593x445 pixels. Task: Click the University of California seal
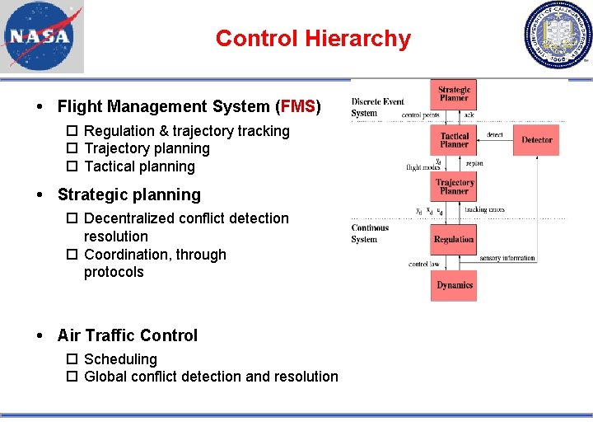coord(558,35)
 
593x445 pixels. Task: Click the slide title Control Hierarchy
coord(313,39)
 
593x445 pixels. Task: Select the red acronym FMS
coord(298,106)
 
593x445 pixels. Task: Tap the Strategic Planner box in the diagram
coord(454,94)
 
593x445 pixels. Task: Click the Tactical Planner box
coord(454,140)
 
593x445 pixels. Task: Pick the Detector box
coord(536,140)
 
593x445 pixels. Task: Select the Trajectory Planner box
coord(455,187)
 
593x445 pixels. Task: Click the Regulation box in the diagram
coord(454,239)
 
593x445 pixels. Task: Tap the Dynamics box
coord(454,285)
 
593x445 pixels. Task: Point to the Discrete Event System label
coord(376,107)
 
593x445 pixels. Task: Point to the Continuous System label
coord(370,233)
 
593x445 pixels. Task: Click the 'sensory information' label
coord(507,258)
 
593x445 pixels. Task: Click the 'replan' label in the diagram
coord(474,163)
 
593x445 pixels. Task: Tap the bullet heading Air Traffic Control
coord(128,335)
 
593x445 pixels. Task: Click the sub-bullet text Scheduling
coord(120,359)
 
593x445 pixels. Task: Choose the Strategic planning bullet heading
coord(129,194)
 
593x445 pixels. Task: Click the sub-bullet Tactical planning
coord(139,166)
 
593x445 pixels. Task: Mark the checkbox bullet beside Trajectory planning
coord(72,149)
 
